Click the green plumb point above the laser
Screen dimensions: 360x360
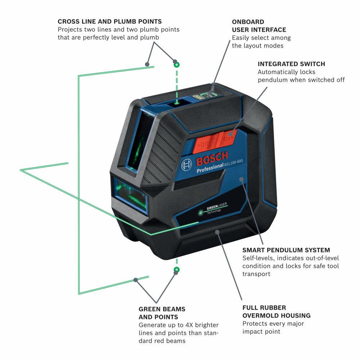point(176,65)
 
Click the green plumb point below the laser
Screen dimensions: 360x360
point(176,270)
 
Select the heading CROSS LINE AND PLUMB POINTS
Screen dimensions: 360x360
point(109,22)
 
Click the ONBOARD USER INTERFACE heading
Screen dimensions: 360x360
point(259,26)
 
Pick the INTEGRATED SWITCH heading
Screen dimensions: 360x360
point(291,64)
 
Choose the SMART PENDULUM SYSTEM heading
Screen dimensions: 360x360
point(286,250)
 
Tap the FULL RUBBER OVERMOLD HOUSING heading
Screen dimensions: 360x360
point(276,312)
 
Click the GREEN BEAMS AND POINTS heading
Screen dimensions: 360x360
point(162,313)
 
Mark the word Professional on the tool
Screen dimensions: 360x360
point(210,168)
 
